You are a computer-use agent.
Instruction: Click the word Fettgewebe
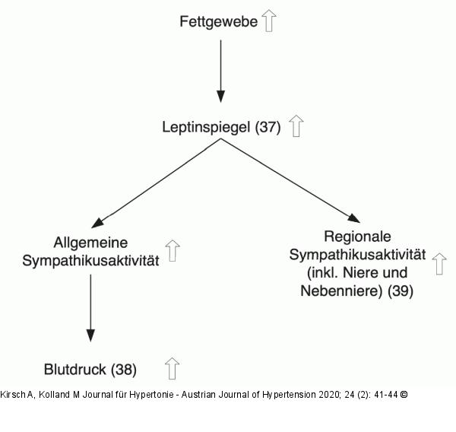[x=219, y=21]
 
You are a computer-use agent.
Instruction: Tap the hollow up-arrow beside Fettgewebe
[x=269, y=20]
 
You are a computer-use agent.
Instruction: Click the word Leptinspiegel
[x=207, y=127]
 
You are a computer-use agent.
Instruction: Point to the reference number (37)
[x=268, y=127]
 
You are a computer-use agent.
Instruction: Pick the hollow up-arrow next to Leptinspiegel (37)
[x=296, y=126]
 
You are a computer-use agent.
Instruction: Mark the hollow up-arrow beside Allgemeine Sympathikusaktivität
[x=173, y=250]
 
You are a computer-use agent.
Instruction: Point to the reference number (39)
[x=400, y=291]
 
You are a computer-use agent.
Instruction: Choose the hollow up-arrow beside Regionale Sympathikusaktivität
[x=439, y=264]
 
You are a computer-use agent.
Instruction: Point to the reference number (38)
[x=124, y=370]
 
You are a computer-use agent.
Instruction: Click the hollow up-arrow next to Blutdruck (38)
[x=173, y=369]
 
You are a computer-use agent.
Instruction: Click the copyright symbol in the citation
[x=404, y=395]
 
